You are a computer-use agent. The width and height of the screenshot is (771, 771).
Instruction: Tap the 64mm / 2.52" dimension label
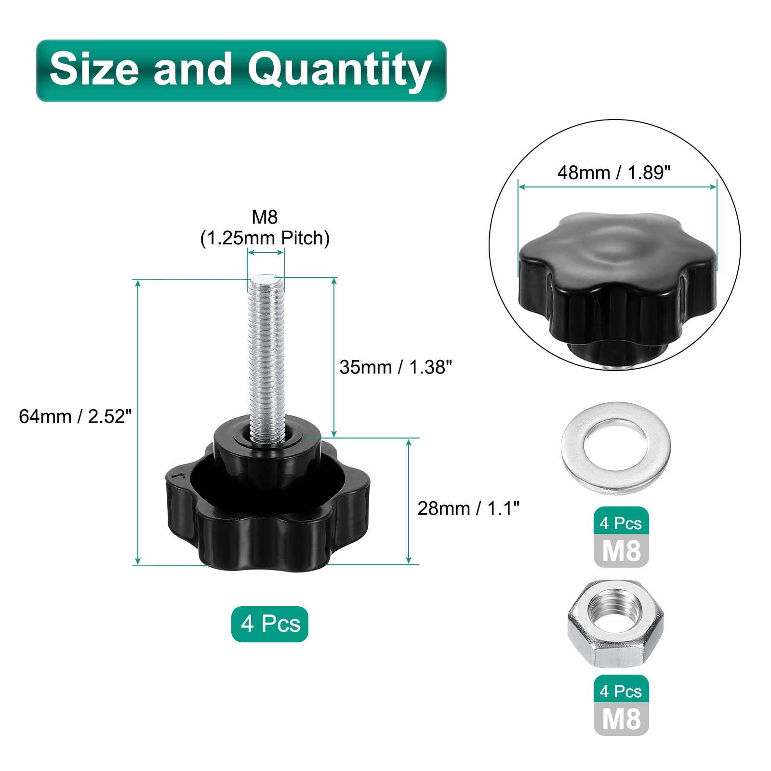click(x=75, y=416)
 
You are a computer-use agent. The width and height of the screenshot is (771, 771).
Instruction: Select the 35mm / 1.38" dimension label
click(x=396, y=367)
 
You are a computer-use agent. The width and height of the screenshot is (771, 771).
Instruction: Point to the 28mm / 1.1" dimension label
click(x=468, y=508)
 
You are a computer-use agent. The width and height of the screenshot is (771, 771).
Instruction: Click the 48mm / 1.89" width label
click(x=614, y=173)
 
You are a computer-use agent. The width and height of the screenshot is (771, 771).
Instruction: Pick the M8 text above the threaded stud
click(x=265, y=217)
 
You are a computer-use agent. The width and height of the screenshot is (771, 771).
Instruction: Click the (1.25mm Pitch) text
click(x=265, y=238)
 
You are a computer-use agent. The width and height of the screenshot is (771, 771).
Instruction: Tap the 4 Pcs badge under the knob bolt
click(x=270, y=624)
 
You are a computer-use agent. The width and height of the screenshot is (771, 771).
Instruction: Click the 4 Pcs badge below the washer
click(x=621, y=523)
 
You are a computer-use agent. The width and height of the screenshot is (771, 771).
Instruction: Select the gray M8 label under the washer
click(x=621, y=551)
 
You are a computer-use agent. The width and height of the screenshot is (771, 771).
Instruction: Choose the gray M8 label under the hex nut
click(x=621, y=719)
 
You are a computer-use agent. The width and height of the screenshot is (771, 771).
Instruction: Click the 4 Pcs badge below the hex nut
click(x=621, y=691)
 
